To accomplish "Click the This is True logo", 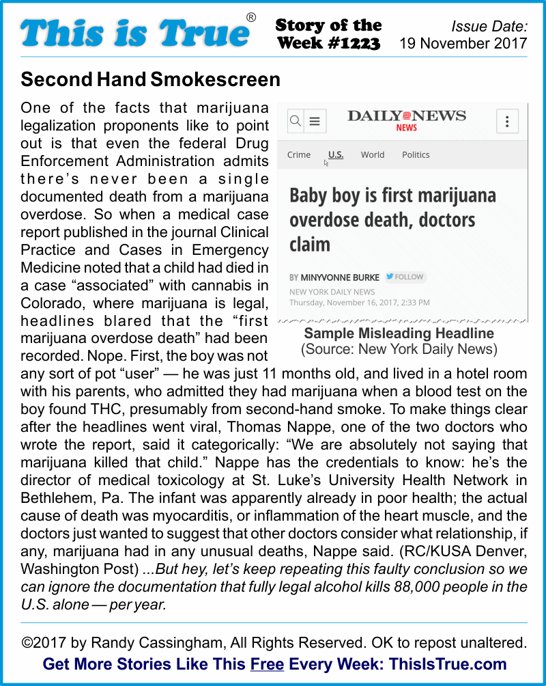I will (x=134, y=33).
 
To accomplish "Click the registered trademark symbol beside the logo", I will (x=251, y=18).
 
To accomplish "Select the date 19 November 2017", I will (x=463, y=44).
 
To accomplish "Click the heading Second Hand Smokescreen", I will (x=150, y=79).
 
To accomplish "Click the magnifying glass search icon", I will (x=296, y=122).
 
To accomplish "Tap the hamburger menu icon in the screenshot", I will (x=315, y=122).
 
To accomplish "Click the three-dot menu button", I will (x=507, y=122).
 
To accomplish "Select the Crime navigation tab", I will (x=299, y=154).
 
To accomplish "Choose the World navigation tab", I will (x=373, y=154).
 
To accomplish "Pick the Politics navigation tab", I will (x=416, y=154).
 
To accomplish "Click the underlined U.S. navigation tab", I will (x=336, y=154).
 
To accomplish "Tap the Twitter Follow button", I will (x=405, y=277).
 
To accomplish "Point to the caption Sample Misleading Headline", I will (x=399, y=333).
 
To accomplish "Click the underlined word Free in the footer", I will (x=267, y=663).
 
